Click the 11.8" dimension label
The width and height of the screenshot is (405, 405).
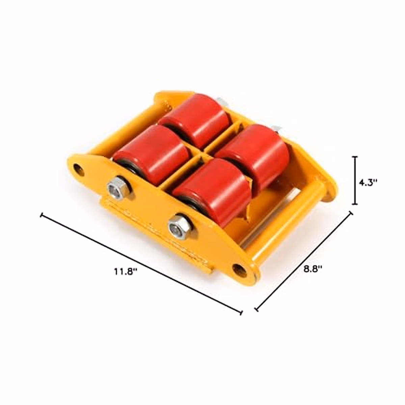(124, 271)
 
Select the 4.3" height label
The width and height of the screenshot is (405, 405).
(368, 182)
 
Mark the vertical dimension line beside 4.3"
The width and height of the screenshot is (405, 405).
(355, 180)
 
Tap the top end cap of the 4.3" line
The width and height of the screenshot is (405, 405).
(355, 157)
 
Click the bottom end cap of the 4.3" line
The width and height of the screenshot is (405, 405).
(355, 204)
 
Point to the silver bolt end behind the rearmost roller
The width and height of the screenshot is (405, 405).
(222, 101)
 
